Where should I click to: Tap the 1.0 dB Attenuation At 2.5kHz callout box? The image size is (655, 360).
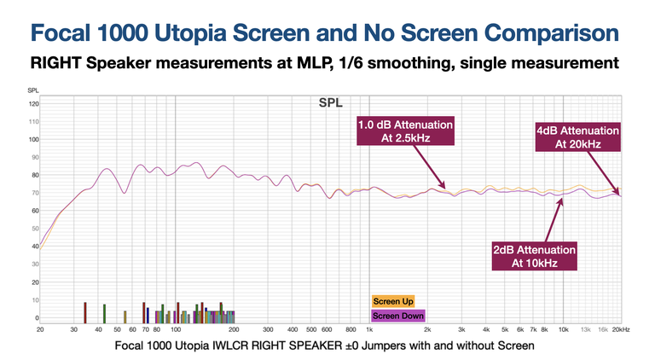point(406,131)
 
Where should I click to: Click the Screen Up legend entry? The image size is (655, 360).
point(393,301)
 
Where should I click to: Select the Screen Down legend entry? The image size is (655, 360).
point(398,316)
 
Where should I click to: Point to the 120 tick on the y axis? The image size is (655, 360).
point(34,104)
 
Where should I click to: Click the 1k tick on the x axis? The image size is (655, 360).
point(369,328)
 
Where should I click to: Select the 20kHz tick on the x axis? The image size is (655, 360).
point(619,328)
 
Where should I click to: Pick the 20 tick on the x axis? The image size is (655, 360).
point(40,328)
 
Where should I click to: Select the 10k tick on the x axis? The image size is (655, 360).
point(563,328)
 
